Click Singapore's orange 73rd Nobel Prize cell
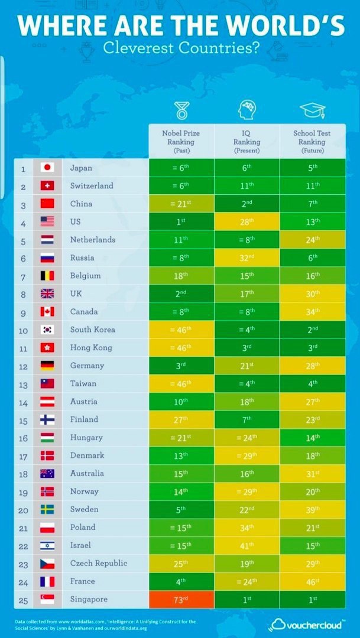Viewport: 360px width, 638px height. [180, 600]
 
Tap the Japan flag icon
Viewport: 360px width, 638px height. [47, 168]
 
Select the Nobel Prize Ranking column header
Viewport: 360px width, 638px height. [180, 141]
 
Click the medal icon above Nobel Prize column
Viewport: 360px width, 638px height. [181, 110]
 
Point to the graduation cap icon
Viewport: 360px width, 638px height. [312, 110]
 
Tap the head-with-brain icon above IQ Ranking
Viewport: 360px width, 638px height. [247, 110]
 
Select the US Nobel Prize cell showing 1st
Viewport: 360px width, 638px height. [180, 222]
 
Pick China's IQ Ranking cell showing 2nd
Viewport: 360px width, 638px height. [247, 204]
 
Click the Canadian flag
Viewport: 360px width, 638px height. [47, 311]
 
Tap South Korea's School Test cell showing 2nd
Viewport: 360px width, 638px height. [312, 330]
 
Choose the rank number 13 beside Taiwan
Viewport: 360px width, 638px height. [24, 383]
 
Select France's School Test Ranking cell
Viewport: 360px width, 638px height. [312, 581]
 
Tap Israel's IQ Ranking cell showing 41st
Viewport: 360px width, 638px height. [247, 545]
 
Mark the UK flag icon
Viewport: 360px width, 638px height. [47, 294]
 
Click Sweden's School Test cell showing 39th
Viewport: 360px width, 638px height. [312, 509]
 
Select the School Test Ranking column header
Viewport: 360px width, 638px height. [312, 141]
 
